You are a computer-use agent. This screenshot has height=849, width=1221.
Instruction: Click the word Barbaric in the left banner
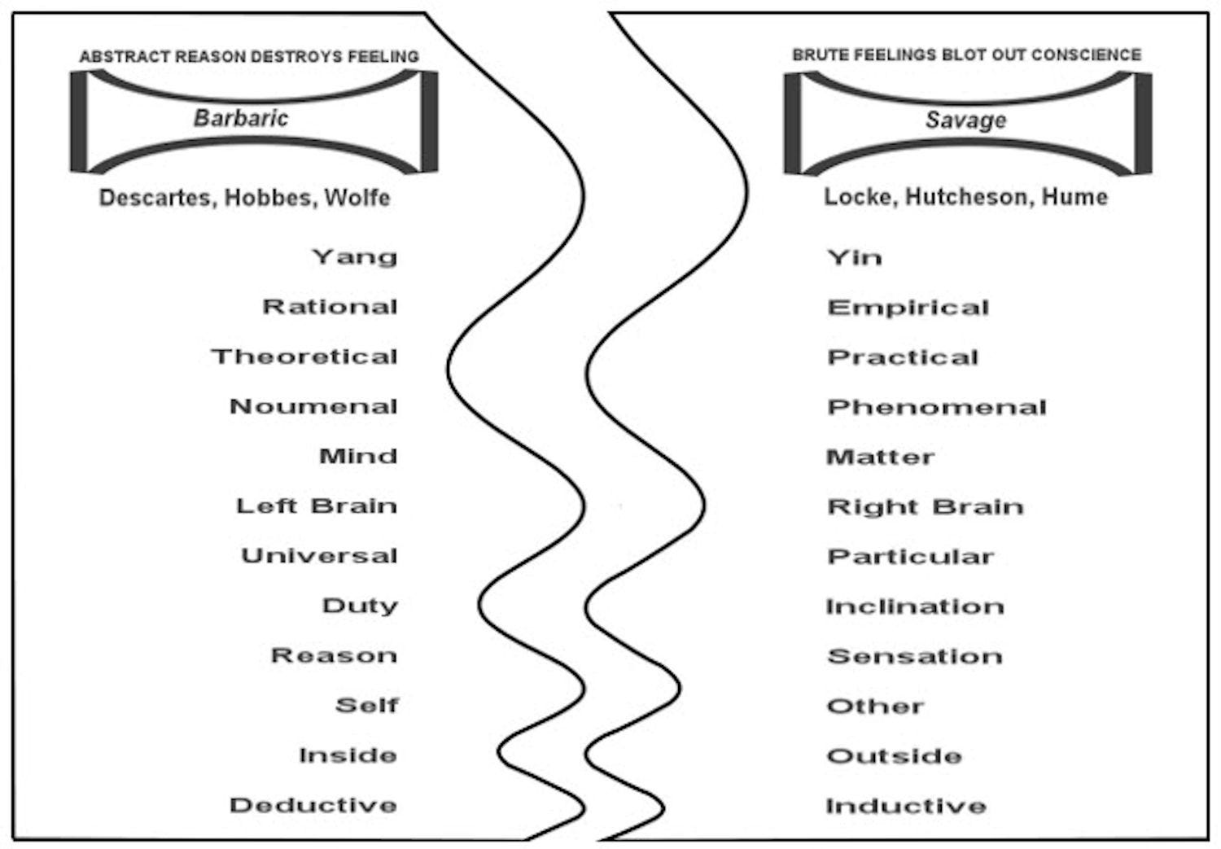pyautogui.click(x=241, y=119)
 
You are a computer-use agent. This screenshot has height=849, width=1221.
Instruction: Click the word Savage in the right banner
pyautogui.click(x=965, y=120)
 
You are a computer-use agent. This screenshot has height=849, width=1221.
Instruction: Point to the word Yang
pyautogui.click(x=354, y=257)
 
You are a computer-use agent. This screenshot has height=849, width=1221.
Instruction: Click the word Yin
pyautogui.click(x=854, y=258)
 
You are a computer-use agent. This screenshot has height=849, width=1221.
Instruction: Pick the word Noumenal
pyautogui.click(x=313, y=406)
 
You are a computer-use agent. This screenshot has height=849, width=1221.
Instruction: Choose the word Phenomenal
pyautogui.click(x=936, y=407)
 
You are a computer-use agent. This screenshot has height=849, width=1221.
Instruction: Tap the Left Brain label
pyautogui.click(x=317, y=506)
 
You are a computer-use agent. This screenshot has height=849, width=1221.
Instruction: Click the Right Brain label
pyautogui.click(x=925, y=507)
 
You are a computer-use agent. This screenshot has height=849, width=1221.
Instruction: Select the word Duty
pyautogui.click(x=360, y=606)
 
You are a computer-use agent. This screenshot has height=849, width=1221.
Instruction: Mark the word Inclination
pyautogui.click(x=914, y=606)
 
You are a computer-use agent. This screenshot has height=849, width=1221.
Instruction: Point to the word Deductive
pyautogui.click(x=313, y=805)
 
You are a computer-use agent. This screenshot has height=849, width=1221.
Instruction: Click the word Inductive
pyautogui.click(x=905, y=806)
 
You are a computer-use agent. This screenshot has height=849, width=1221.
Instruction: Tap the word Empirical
pyautogui.click(x=908, y=308)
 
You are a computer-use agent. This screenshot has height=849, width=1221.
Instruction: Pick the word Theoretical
pyautogui.click(x=304, y=357)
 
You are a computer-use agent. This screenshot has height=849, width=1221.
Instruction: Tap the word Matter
pyautogui.click(x=880, y=457)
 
